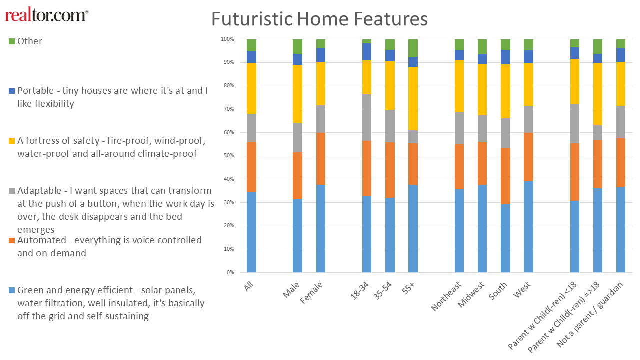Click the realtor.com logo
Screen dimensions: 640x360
[x=47, y=15]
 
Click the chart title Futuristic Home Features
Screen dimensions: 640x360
[x=319, y=19]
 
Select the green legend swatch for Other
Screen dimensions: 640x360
[x=12, y=41]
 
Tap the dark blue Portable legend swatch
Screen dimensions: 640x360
[x=12, y=91]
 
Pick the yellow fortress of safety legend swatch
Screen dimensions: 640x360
[x=12, y=141]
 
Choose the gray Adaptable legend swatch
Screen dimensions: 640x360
[x=12, y=191]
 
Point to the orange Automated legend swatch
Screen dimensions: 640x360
[x=12, y=240]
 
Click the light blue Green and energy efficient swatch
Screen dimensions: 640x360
[x=12, y=290]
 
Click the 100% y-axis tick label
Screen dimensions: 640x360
[x=227, y=39]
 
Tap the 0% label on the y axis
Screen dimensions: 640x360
[x=230, y=272]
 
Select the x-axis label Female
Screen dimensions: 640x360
[x=311, y=292]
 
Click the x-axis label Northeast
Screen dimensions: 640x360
[x=446, y=296]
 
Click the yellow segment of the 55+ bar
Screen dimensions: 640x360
[x=413, y=99]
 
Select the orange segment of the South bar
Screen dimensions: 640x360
[x=505, y=176]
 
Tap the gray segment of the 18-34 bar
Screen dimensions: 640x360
[x=367, y=117]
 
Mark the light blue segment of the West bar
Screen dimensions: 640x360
[x=528, y=227]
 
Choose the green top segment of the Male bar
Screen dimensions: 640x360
[x=297, y=47]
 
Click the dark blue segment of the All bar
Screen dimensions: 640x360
[x=251, y=57]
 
